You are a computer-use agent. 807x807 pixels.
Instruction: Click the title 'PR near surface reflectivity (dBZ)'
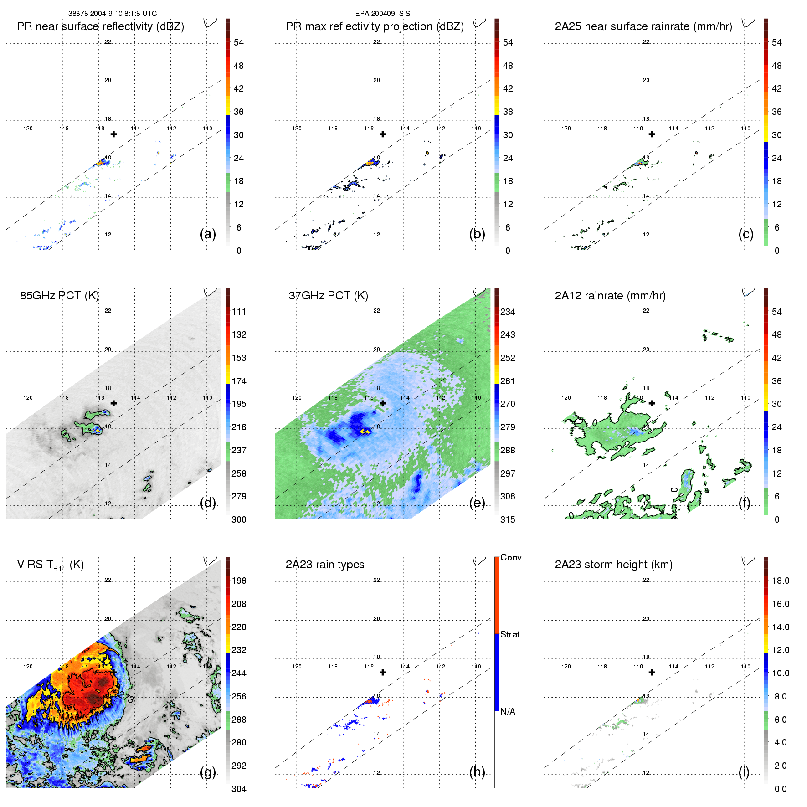(100, 26)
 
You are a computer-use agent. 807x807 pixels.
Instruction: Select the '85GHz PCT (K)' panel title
(59, 296)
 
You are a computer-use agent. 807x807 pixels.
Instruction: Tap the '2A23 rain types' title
(324, 565)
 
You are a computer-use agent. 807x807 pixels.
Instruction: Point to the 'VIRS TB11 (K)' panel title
(50, 565)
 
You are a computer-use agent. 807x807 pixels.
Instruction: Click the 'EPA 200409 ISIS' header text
(382, 14)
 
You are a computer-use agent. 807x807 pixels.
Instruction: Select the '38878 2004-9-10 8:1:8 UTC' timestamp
(113, 14)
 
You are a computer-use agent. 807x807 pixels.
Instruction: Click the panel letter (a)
(208, 234)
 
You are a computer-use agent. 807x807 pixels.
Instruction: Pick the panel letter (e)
(477, 503)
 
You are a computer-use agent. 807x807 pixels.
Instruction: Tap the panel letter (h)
(477, 772)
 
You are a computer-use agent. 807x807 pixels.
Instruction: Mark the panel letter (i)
(744, 772)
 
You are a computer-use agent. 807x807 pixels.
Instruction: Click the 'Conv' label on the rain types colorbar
(510, 557)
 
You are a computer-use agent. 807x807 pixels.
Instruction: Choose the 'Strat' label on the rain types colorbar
(510, 634)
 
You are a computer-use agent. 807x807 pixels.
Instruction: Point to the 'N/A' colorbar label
(508, 712)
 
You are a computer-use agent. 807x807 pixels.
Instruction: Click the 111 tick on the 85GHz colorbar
(239, 312)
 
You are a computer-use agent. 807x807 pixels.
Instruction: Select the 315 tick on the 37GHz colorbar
(508, 519)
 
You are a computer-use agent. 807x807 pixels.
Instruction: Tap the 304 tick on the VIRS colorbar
(239, 789)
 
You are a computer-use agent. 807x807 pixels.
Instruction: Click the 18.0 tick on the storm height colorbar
(780, 581)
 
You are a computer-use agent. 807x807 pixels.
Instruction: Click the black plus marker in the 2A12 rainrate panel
(652, 403)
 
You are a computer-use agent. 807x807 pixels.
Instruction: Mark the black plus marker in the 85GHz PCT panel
(113, 403)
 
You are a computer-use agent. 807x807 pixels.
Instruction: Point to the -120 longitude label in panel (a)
(27, 129)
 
